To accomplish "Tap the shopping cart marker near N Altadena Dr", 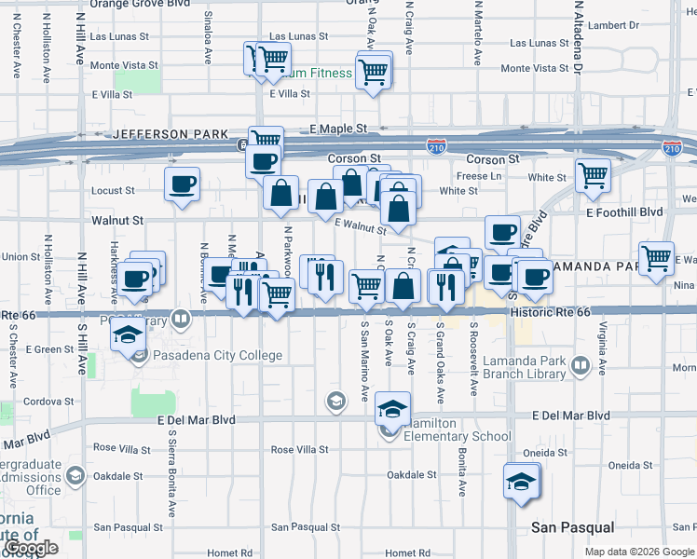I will point(593,174).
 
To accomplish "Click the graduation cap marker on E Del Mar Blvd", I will point(392,408).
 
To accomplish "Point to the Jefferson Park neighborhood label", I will point(171,134).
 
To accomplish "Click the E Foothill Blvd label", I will point(624,212).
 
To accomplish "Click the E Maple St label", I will point(339,128).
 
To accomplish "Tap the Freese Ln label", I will point(480,176).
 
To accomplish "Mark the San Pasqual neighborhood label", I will point(572,527).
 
